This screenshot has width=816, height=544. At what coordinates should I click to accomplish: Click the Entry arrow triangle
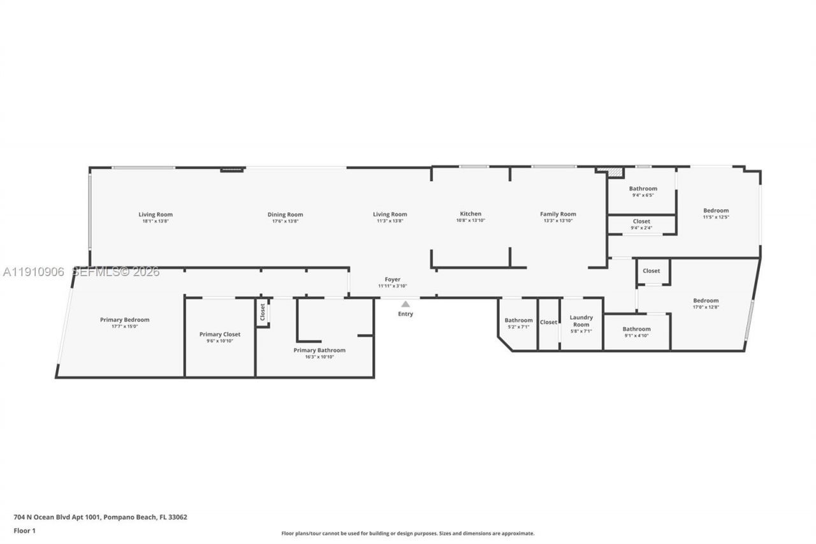point(405,304)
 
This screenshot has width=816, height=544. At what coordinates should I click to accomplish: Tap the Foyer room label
point(392,279)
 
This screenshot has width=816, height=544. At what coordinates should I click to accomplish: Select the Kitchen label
point(470,214)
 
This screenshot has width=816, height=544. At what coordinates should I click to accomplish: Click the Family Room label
point(558,214)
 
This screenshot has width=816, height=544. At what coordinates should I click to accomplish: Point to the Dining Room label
point(285,214)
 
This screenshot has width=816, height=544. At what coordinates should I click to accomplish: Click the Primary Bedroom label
point(124,320)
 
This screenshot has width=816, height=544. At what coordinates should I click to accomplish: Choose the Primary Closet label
point(220,334)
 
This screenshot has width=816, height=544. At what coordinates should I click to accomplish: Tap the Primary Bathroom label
point(319,350)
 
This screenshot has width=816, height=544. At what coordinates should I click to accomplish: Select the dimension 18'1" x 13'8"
point(156,221)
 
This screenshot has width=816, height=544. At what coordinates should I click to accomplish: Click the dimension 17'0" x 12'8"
point(706,307)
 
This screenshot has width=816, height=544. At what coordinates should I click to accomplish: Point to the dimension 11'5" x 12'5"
point(715,217)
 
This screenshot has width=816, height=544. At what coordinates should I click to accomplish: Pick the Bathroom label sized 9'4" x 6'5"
point(643,188)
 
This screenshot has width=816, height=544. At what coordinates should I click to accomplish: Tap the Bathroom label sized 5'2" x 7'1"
point(518,320)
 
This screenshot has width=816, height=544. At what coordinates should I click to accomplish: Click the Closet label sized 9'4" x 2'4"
point(641,221)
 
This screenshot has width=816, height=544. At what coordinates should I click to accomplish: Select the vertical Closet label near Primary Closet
point(262,312)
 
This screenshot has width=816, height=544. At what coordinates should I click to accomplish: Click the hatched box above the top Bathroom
point(614,172)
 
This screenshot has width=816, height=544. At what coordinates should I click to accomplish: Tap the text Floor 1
point(25,531)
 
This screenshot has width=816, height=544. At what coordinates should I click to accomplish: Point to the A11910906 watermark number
point(33,272)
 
